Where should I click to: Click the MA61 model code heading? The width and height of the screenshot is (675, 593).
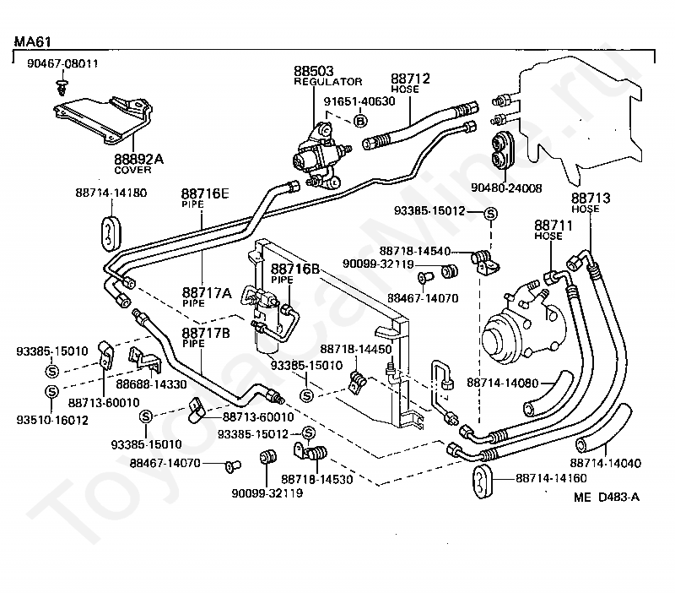(x=33, y=41)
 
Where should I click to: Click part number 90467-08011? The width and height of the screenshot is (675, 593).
(x=62, y=63)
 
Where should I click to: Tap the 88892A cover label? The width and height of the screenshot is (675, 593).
(x=138, y=164)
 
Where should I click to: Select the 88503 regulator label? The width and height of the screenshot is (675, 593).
(x=327, y=75)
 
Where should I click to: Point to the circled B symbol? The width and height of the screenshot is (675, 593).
(x=360, y=121)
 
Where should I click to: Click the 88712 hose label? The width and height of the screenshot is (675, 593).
(x=410, y=83)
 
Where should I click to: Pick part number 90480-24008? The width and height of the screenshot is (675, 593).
(x=506, y=188)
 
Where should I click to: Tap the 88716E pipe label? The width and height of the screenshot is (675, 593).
(x=205, y=198)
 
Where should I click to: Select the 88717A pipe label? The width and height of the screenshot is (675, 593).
(x=207, y=297)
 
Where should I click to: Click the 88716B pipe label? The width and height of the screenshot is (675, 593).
(x=294, y=273)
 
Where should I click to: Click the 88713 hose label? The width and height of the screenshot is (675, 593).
(x=591, y=203)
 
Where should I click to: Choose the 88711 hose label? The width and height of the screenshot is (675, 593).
(x=553, y=230)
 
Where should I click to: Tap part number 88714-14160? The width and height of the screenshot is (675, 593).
(x=552, y=478)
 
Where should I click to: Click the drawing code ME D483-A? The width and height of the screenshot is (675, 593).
(x=607, y=498)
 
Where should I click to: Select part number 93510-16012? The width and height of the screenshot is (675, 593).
(x=52, y=420)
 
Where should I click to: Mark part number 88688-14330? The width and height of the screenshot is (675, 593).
(x=152, y=384)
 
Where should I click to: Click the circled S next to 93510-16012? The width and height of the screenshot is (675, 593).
(x=51, y=392)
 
